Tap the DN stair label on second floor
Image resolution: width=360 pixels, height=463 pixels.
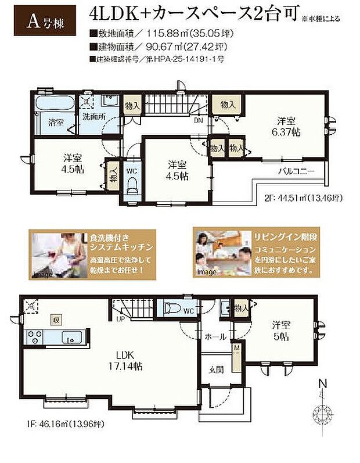click(x=198, y=121)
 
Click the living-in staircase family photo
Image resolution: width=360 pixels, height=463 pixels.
click(x=218, y=254)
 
